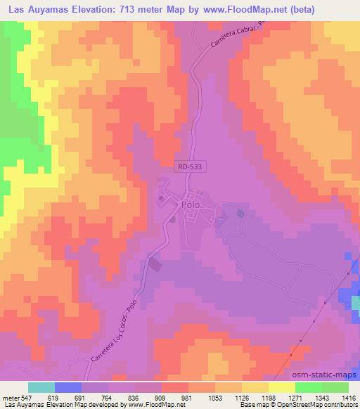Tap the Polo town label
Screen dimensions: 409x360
(191, 204)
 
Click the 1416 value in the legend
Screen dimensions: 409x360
(349, 398)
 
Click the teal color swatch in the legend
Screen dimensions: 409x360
(41, 387)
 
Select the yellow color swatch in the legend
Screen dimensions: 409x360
(282, 387)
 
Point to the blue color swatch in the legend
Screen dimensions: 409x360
(68, 387)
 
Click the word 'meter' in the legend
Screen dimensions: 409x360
(11, 398)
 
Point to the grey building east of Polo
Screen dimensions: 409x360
(241, 213)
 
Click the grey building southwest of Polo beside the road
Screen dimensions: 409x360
(154, 265)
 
